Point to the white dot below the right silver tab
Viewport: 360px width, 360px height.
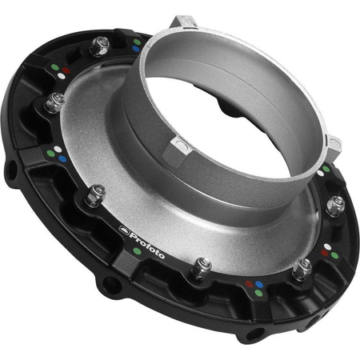(x=326, y=170)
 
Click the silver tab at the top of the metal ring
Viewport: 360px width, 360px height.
(x=185, y=19)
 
